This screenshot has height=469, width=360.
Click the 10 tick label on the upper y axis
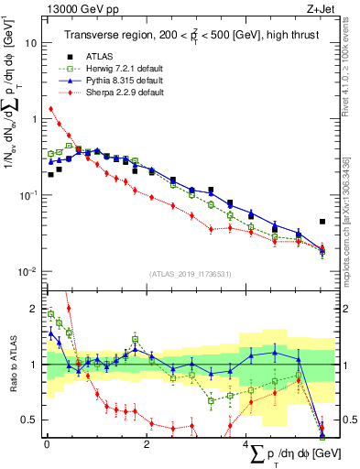[x=29, y=42]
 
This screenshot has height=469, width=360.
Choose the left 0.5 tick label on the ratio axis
[x=29, y=420]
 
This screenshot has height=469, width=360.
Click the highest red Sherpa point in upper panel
[x=50, y=109]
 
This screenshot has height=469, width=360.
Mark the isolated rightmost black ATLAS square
[x=322, y=222]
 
